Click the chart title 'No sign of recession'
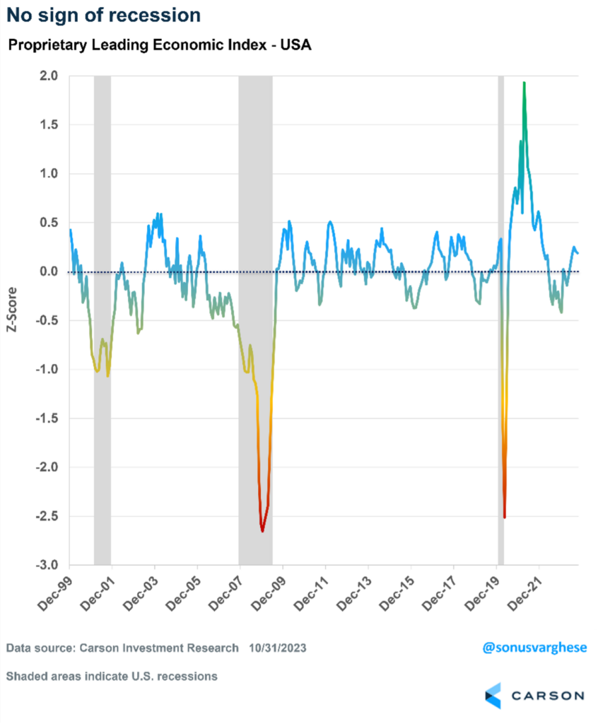click(103, 15)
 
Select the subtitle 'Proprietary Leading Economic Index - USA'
click(160, 45)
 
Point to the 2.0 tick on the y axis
click(49, 76)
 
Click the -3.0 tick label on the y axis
click(47, 566)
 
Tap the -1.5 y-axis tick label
click(47, 419)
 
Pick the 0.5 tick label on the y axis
click(49, 223)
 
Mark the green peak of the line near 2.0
click(524, 83)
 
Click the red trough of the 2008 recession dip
click(262, 530)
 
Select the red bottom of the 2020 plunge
click(504, 516)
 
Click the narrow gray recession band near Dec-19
click(501, 318)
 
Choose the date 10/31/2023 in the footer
click(278, 648)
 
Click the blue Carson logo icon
click(493, 695)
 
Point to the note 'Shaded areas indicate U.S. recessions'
click(112, 676)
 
